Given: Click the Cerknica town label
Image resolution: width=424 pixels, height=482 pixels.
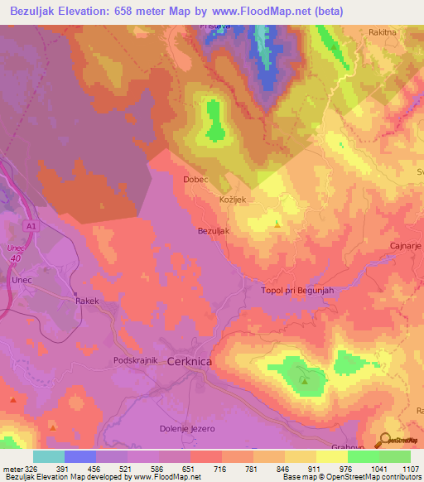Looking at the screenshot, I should click(x=195, y=362).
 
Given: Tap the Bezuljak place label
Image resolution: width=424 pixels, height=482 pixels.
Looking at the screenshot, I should click(x=213, y=232).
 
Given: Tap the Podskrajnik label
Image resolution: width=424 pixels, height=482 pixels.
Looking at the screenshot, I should click(x=136, y=362).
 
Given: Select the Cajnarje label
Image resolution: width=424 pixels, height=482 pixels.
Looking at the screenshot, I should click(x=406, y=247).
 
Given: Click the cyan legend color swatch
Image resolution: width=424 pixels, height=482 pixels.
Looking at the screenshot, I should click(x=49, y=456).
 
